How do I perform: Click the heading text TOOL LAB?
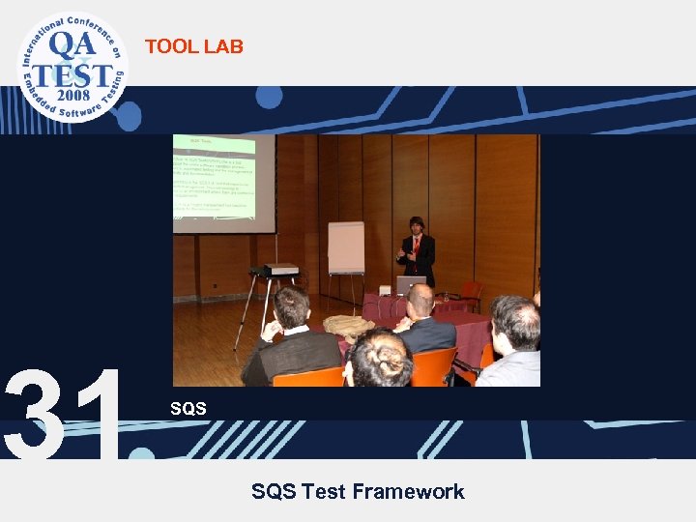193,45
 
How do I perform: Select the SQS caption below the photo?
188,409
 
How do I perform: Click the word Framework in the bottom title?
408,492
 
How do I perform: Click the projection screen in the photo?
223,184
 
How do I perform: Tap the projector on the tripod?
280,270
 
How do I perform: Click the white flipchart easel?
345,248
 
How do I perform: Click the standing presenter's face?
417,228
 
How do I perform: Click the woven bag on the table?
348,326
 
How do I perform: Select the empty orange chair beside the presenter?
471,291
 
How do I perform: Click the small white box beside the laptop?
385,289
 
